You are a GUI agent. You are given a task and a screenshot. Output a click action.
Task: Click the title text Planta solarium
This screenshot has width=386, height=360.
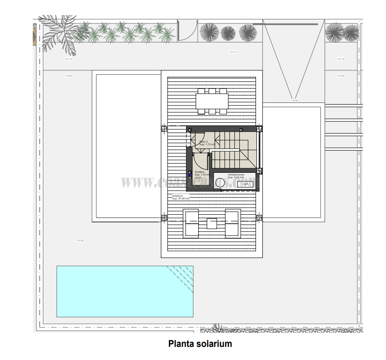(200, 344)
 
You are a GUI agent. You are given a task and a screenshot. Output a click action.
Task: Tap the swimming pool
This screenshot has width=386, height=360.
(125, 291)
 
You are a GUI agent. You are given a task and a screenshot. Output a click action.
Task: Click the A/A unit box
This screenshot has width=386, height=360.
(245, 184)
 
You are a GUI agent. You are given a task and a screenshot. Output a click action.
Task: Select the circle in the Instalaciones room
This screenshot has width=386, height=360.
(220, 183)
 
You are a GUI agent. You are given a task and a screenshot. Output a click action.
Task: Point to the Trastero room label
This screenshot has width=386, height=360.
(199, 172)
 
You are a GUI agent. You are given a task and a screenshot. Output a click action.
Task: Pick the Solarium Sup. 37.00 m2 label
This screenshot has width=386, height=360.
(180, 197)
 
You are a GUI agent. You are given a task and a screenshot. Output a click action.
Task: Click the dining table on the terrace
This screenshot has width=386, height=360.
(212, 101)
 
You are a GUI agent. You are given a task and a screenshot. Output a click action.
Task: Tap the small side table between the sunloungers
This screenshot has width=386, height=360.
(211, 223)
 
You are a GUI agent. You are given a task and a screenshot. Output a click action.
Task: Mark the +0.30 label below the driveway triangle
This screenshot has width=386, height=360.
(294, 101)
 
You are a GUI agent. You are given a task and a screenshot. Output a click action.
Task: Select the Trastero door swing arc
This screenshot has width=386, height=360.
(200, 160)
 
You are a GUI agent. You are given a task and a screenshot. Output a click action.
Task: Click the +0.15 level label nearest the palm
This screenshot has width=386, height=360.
(69, 59)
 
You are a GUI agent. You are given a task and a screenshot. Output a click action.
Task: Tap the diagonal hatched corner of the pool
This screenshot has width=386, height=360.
(181, 276)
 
